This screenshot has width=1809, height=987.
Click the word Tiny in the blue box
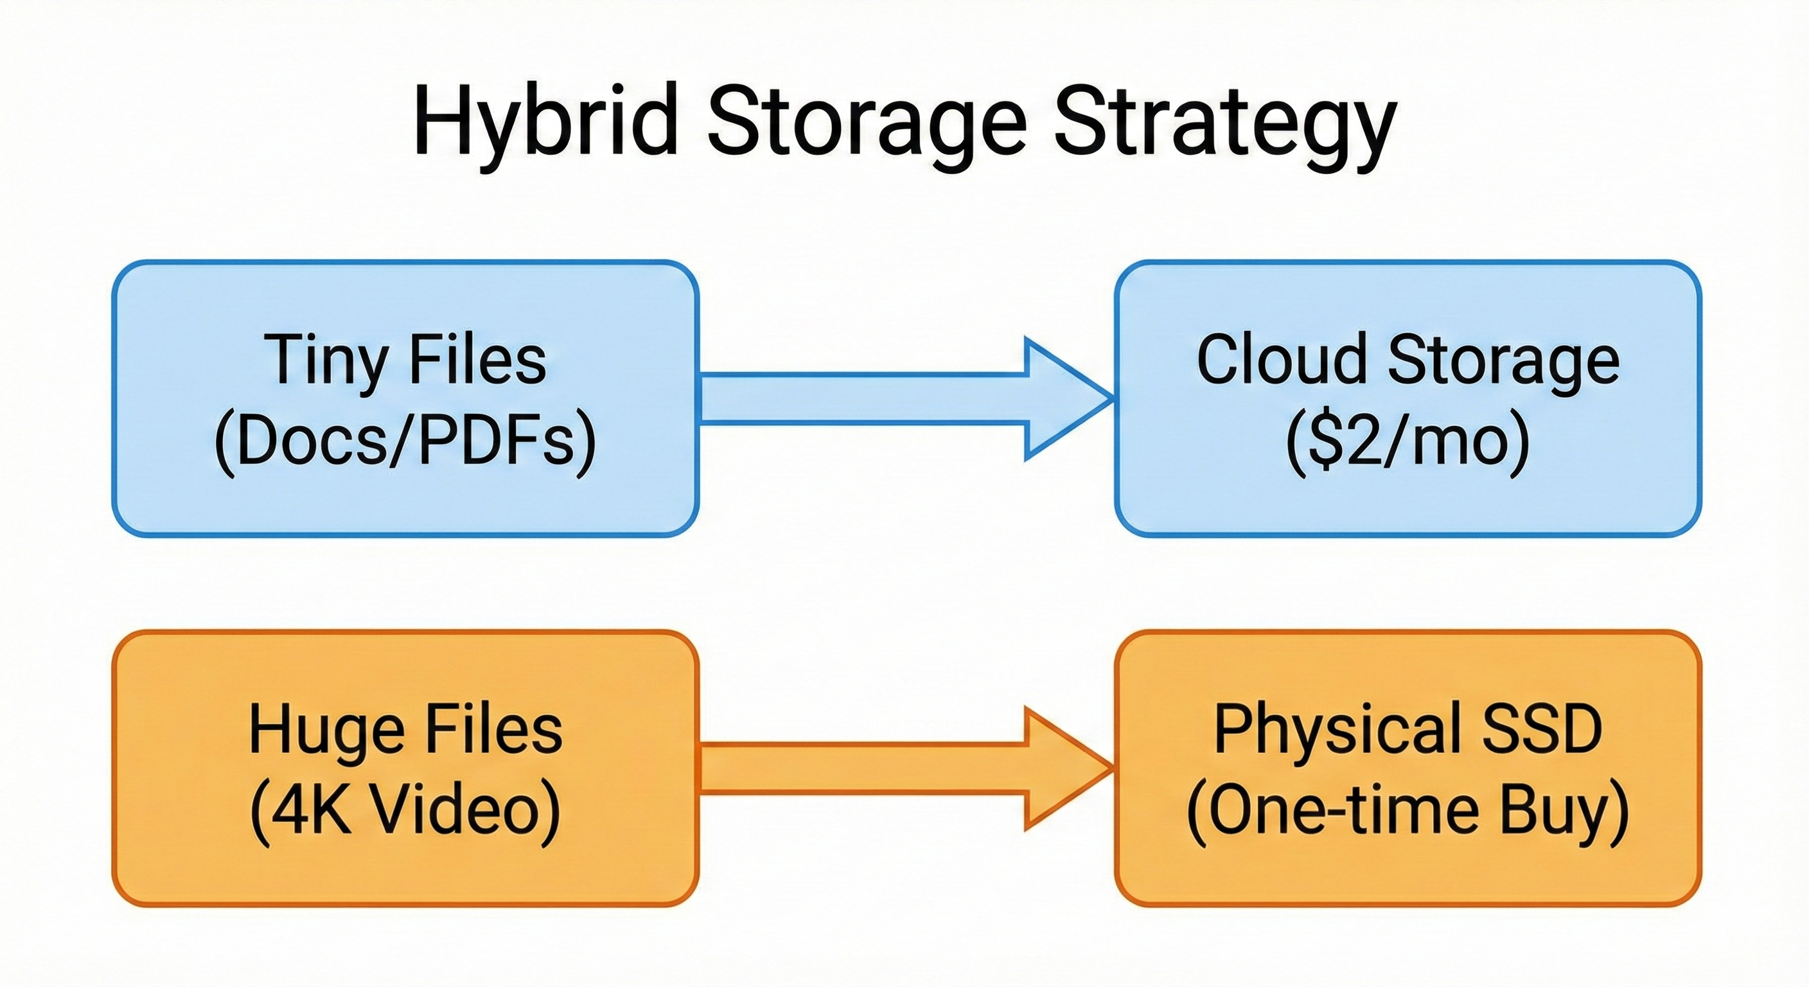(325, 360)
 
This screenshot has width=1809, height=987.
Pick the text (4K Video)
(405, 812)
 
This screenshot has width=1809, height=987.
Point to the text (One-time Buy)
(1407, 812)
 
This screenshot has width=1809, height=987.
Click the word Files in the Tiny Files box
(477, 359)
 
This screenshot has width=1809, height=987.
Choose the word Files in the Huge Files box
(495, 730)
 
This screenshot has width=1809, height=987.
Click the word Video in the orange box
(463, 812)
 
